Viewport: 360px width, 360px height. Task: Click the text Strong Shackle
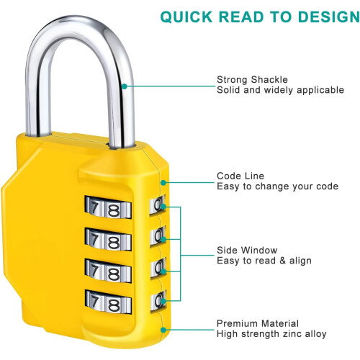[x=252, y=79]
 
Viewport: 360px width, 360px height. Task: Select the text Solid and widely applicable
[x=280, y=90]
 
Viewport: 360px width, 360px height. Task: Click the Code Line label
[x=240, y=176]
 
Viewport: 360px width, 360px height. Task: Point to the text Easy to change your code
[x=277, y=186]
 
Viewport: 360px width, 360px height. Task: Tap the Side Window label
[x=247, y=250]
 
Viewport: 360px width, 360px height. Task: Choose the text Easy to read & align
[x=264, y=261]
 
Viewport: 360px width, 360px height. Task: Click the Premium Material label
[x=258, y=323]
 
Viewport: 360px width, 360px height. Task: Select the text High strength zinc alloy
[x=271, y=334]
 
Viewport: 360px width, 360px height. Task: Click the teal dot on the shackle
[x=125, y=86]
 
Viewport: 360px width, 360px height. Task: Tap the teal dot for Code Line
[x=163, y=183]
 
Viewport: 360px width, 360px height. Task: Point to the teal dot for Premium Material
[x=163, y=330]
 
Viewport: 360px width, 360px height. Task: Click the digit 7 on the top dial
[x=94, y=207]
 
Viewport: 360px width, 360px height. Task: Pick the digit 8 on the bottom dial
[x=113, y=305]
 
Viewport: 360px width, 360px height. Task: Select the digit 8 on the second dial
[x=113, y=242]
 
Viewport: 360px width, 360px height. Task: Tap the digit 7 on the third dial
[x=94, y=270]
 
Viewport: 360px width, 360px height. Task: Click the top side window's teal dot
[x=163, y=207]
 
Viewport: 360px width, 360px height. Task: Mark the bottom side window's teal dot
[x=163, y=301]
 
